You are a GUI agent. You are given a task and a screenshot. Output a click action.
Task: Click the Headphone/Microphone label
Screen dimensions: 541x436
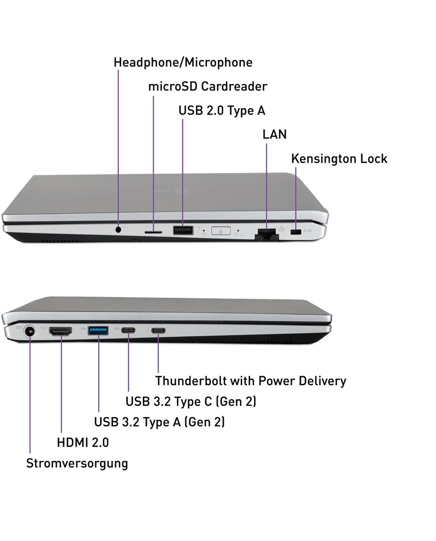pyautogui.click(x=183, y=63)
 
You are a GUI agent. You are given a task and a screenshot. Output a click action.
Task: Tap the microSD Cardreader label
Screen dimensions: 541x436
pyautogui.click(x=207, y=86)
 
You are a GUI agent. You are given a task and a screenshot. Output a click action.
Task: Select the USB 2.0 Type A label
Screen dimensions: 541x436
pyautogui.click(x=222, y=110)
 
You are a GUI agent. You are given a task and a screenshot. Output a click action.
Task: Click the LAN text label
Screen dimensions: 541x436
pyautogui.click(x=275, y=134)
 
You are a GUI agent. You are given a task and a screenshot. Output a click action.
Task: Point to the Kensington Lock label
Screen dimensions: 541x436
pyautogui.click(x=339, y=159)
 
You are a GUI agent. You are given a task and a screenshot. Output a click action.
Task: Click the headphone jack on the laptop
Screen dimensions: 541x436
pyautogui.click(x=118, y=229)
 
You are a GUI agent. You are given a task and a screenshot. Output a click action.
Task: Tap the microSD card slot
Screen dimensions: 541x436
pyautogui.click(x=153, y=232)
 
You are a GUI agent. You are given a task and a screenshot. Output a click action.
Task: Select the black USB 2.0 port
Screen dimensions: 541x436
pyautogui.click(x=183, y=230)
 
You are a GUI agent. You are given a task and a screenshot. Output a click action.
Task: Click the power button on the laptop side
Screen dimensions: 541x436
pyautogui.click(x=221, y=231)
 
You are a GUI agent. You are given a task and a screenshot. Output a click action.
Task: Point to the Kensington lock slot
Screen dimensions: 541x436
pyautogui.click(x=296, y=233)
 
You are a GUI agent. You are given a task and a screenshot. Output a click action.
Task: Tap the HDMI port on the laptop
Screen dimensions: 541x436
pyautogui.click(x=60, y=331)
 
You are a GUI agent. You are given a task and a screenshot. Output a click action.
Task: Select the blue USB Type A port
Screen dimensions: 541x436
pyautogui.click(x=98, y=330)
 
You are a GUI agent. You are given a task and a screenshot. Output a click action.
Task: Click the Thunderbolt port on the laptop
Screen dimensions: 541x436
pyautogui.click(x=159, y=331)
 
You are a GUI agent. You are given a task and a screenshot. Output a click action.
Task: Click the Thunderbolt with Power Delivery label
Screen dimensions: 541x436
pyautogui.click(x=251, y=381)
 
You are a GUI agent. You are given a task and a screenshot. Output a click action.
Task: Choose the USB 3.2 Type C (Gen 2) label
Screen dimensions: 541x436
pyautogui.click(x=191, y=401)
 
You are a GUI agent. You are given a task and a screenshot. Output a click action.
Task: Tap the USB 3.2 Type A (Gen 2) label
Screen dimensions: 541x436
pyautogui.click(x=159, y=422)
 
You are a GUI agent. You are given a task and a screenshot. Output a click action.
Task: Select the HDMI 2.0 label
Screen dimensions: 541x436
pyautogui.click(x=83, y=442)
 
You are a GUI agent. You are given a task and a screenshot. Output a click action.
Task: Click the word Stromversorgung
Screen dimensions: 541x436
pyautogui.click(x=77, y=463)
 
